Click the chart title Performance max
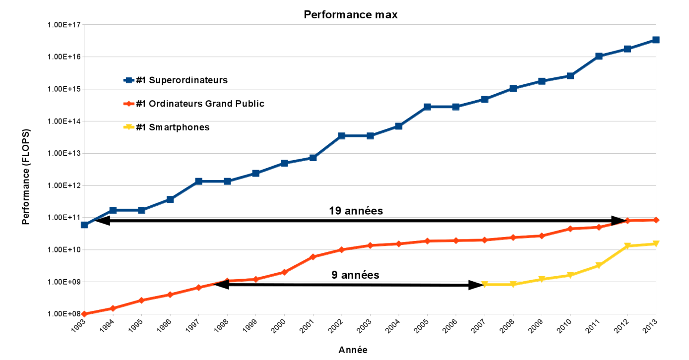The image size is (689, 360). pyautogui.click(x=350, y=15)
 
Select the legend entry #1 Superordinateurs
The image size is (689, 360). pyautogui.click(x=182, y=80)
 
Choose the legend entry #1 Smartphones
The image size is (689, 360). pyautogui.click(x=173, y=127)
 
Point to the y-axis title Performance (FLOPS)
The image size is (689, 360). pyautogui.click(x=26, y=177)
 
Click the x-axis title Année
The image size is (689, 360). pyautogui.click(x=353, y=350)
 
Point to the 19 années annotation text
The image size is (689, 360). pyautogui.click(x=356, y=211)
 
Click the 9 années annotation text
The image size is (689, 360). pyautogui.click(x=355, y=275)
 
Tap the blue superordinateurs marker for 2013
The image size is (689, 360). pyautogui.click(x=656, y=40)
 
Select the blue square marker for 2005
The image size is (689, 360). pyautogui.click(x=427, y=107)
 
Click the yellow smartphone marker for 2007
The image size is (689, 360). pyautogui.click(x=485, y=285)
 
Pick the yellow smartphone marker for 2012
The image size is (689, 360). pyautogui.click(x=627, y=246)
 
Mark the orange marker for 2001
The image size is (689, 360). pyautogui.click(x=313, y=257)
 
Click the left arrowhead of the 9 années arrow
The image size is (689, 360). pyautogui.click(x=222, y=285)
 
